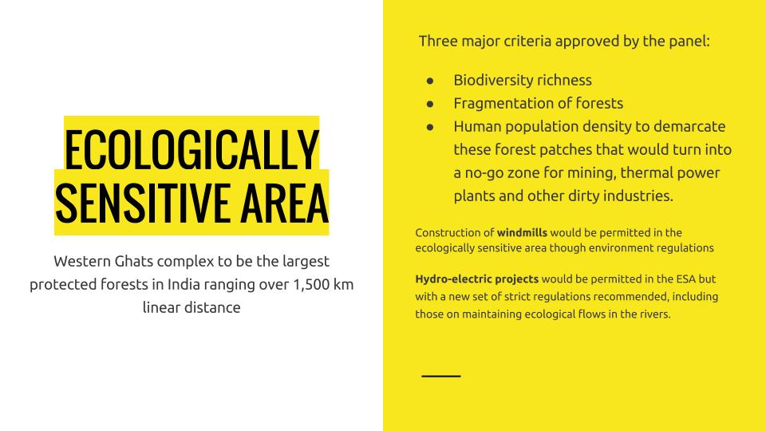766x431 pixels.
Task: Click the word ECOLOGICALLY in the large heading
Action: tap(191, 149)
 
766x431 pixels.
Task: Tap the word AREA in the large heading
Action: tap(284, 202)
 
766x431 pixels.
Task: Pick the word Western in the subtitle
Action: tap(82, 262)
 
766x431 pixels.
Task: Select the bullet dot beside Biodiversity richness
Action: tap(430, 81)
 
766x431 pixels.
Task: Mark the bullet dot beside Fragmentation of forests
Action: tap(430, 104)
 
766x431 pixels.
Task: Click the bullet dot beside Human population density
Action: tap(430, 127)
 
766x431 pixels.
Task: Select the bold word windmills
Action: tap(522, 232)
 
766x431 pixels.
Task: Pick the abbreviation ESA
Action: tap(685, 279)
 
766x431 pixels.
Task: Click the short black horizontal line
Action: tap(441, 376)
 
